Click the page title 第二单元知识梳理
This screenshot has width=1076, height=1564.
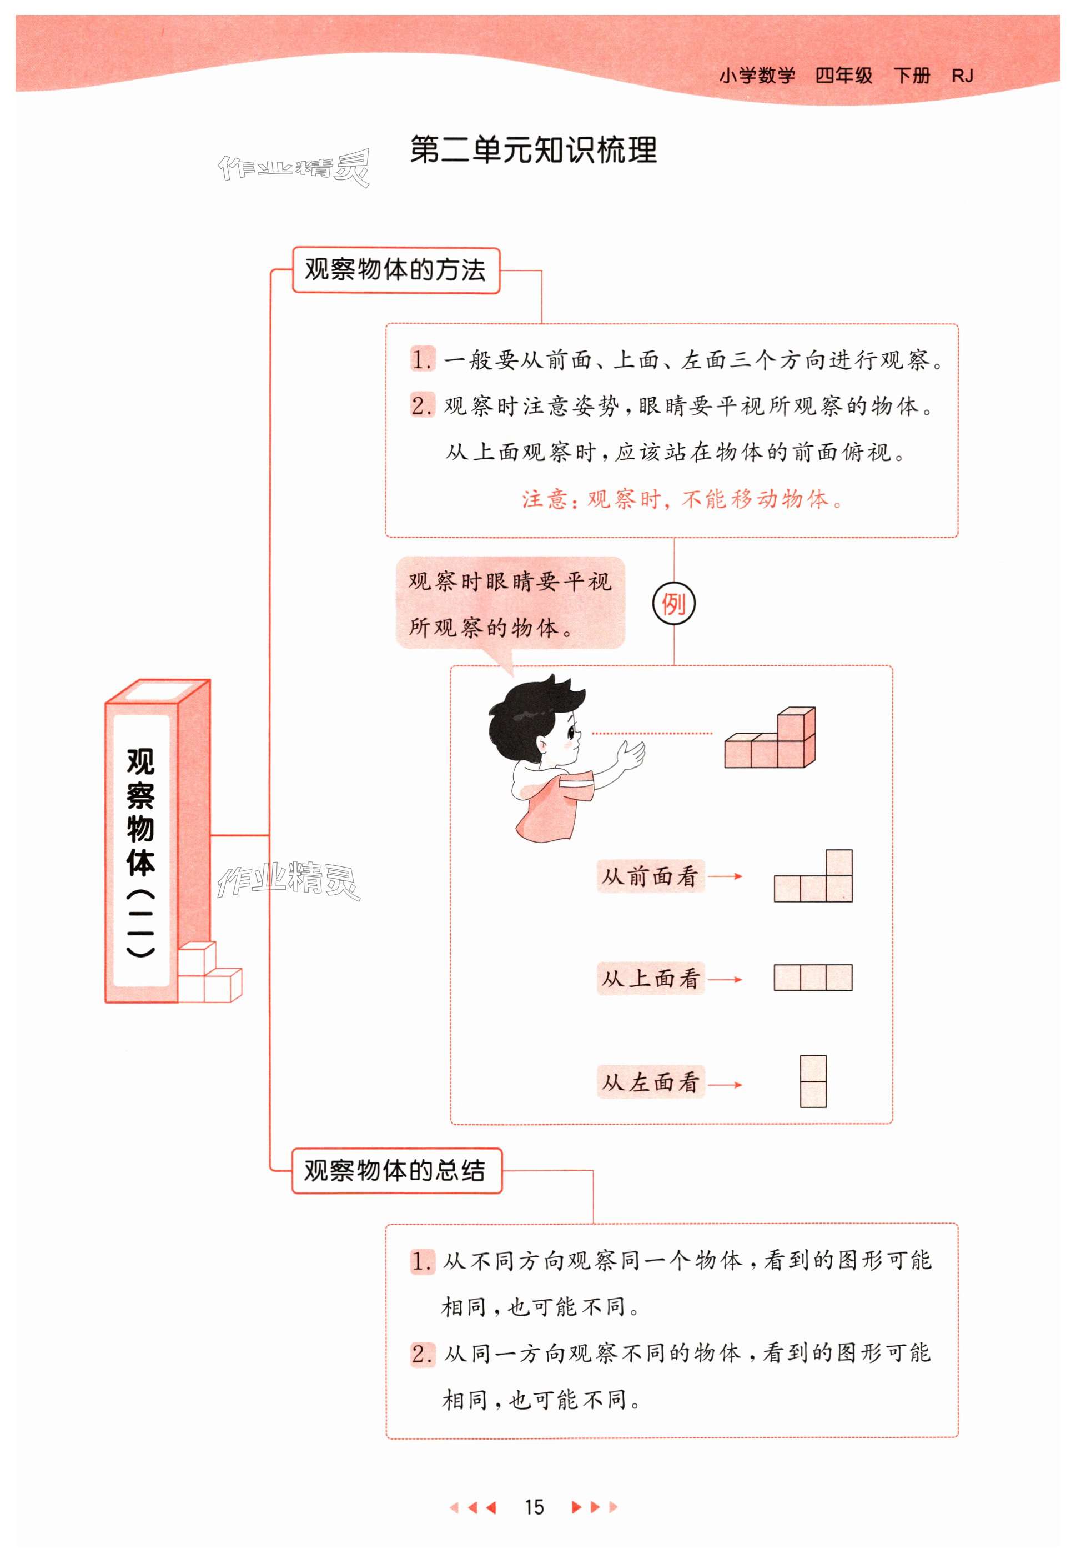click(x=532, y=150)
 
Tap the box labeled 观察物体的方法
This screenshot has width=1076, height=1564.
click(x=396, y=270)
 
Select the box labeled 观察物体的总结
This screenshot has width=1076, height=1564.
click(x=396, y=1170)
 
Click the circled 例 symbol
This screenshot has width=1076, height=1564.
click(x=673, y=603)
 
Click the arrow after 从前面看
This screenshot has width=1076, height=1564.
click(x=726, y=876)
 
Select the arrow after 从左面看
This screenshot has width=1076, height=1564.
click(x=726, y=1085)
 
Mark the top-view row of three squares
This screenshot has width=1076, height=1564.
click(x=813, y=977)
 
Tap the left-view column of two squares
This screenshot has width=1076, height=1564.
click(x=813, y=1081)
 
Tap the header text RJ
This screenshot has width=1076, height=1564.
click(x=962, y=76)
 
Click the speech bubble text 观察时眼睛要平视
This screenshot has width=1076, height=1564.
click(x=510, y=581)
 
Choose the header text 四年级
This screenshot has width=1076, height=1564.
click(x=843, y=76)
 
